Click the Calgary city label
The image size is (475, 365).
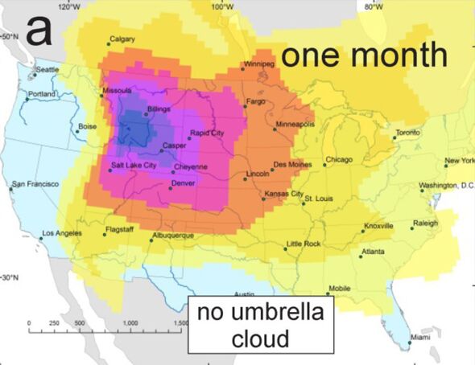click(x=122, y=39)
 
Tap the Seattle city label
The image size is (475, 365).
click(x=47, y=70)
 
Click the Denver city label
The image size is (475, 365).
click(x=184, y=184)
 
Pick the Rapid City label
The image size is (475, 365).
click(x=207, y=132)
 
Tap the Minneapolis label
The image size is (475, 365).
click(x=295, y=125)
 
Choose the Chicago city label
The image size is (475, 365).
click(x=340, y=159)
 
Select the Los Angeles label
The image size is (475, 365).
click(x=62, y=233)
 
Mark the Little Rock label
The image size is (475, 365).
click(x=304, y=243)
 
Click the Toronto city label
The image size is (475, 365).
click(x=408, y=132)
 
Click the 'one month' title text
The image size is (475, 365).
click(x=364, y=55)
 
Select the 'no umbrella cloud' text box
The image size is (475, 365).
click(x=259, y=325)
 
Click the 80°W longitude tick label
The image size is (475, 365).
click(x=373, y=6)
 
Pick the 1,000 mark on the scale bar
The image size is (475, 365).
click(x=129, y=322)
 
